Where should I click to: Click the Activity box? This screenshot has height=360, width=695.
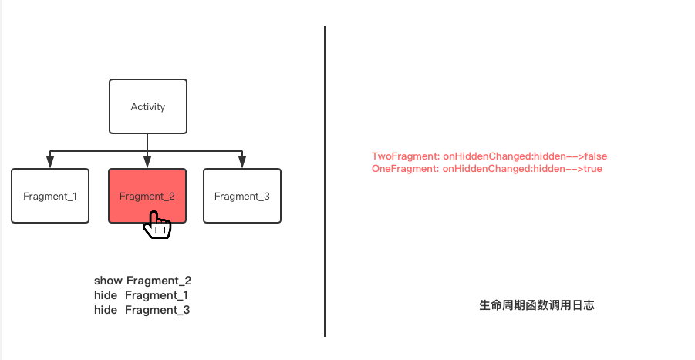(x=147, y=106)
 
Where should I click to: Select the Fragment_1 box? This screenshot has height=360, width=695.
(x=50, y=196)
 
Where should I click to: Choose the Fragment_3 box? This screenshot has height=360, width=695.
(x=241, y=196)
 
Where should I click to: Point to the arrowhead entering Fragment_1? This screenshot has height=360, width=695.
(x=50, y=162)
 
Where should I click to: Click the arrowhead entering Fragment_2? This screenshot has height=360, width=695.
(x=147, y=162)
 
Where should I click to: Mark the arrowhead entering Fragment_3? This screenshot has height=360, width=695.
(x=241, y=162)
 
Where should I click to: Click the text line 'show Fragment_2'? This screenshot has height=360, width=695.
(x=143, y=281)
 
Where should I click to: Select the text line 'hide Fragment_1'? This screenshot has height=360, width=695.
(x=141, y=295)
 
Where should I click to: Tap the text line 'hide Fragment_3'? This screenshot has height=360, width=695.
(x=142, y=310)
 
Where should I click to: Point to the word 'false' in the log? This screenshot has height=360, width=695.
(x=595, y=156)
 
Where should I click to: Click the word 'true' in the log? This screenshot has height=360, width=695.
(x=592, y=168)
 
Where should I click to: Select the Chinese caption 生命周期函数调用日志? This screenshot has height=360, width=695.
(x=536, y=305)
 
